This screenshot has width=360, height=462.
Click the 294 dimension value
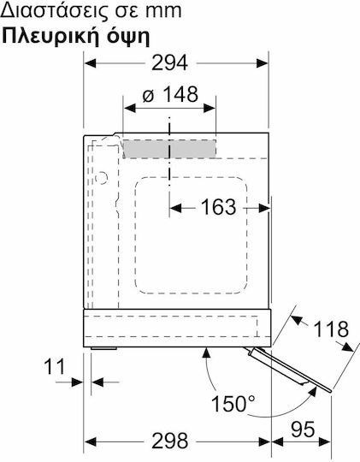pos(169,62)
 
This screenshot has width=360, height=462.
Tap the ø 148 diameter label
pos(170,95)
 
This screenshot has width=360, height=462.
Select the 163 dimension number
pos(218,207)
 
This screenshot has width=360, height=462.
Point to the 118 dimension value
pos(331,329)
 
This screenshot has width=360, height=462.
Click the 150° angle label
pos(233,404)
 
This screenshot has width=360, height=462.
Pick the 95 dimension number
pos(303,429)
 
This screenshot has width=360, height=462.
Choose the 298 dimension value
pos(169,441)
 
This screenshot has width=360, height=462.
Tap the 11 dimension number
pos(54,367)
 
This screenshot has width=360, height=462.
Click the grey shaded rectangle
pos(169,149)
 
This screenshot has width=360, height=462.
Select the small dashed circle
pos(102,178)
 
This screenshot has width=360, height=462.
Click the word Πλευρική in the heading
pos(52,37)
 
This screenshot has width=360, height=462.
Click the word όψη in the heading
pos(128,38)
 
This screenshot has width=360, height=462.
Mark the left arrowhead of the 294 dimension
pos(90,63)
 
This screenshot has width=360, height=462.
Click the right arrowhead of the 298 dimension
pos(264,441)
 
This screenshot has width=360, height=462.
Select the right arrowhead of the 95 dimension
pos(325,441)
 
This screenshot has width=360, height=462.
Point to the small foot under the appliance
pos(103,348)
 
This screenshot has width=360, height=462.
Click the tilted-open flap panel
pos(290,370)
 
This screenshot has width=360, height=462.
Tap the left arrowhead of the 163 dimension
pos(175,208)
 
